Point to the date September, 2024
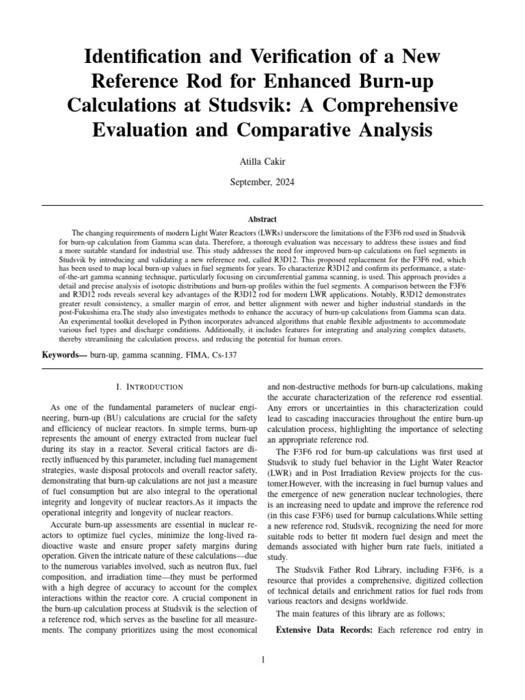[262, 184]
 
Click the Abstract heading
[262, 219]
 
